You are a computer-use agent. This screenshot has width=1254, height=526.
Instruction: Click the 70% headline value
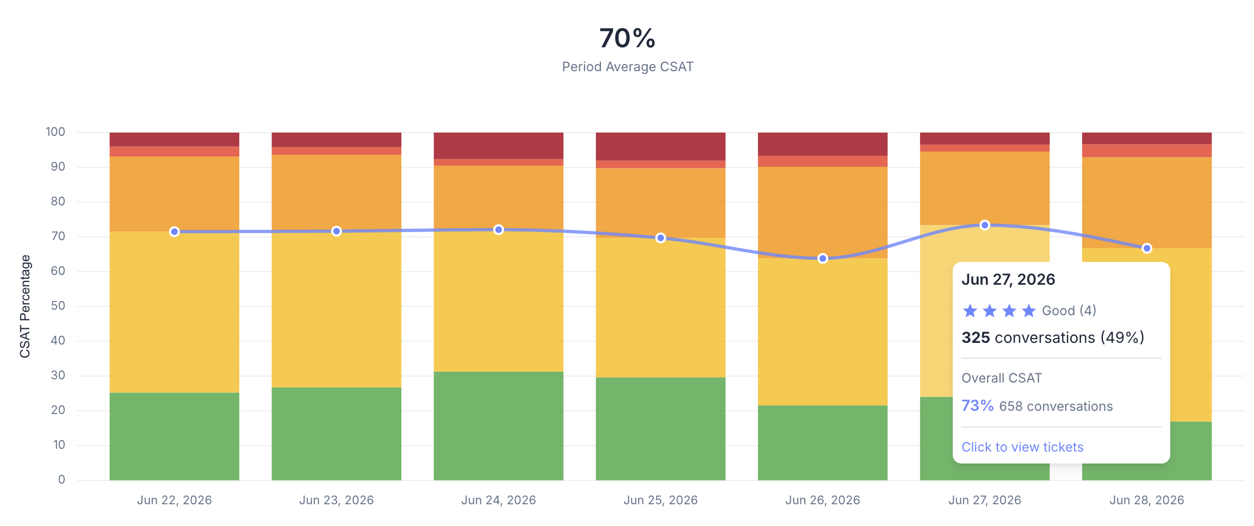point(627,38)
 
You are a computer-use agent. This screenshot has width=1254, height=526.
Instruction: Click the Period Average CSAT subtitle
point(628,67)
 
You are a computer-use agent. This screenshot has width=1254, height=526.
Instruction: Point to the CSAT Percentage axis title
point(25,306)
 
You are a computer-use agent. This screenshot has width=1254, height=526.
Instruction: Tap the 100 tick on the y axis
point(55,132)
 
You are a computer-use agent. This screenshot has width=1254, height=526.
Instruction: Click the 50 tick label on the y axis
point(58,306)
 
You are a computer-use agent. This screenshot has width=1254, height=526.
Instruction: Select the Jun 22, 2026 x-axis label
point(175,500)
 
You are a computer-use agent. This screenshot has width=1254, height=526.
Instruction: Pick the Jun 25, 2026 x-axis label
point(661,500)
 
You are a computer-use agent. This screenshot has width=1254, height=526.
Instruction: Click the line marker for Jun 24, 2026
point(499,230)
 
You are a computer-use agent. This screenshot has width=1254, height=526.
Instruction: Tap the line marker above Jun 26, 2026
point(823,258)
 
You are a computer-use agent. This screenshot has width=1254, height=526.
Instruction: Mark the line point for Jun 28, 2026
point(1147,248)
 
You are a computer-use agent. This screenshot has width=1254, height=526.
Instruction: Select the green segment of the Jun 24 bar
point(499,426)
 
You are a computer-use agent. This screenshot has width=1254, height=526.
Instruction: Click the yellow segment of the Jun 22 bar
point(175,312)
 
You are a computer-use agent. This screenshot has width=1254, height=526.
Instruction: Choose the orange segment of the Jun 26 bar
point(823,212)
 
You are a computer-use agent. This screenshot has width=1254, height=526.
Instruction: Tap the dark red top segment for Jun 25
point(661,146)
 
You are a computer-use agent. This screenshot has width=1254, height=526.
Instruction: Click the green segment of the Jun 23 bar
point(337,434)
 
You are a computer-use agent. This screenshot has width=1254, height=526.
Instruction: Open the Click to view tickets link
point(1022,447)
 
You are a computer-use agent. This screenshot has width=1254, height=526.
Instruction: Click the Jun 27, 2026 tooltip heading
point(1008,279)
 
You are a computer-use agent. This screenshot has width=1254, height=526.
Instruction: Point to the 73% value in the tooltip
point(977,406)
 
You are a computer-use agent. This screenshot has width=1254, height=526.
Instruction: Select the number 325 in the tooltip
point(976,337)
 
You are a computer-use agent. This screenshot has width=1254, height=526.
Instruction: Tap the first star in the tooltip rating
point(970,311)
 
